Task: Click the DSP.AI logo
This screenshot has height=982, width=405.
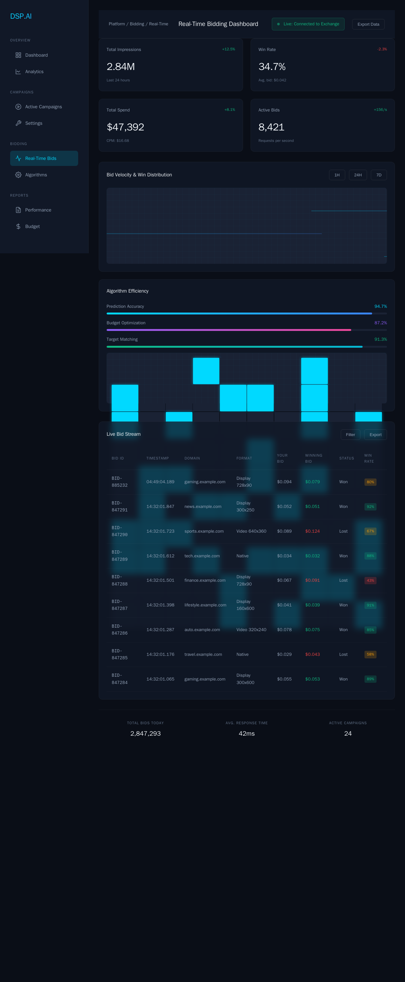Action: (x=21, y=16)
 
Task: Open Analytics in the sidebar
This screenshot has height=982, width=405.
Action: (x=34, y=72)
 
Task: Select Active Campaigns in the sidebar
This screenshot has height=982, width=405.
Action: (x=43, y=107)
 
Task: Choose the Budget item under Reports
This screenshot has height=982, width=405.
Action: (x=32, y=226)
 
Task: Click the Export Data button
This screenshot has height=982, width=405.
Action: (x=368, y=24)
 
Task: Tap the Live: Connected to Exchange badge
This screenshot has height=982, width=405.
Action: (x=308, y=24)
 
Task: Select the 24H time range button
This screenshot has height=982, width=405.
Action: (x=358, y=175)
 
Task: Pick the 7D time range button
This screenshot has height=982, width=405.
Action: (x=379, y=175)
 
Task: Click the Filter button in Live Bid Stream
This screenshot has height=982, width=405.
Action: (x=350, y=434)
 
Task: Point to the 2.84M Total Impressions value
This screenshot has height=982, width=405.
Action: (x=121, y=67)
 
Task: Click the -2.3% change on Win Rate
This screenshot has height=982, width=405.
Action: (x=382, y=49)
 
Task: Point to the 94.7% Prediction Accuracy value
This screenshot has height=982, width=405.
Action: (x=380, y=307)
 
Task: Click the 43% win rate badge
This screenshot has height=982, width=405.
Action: (x=370, y=580)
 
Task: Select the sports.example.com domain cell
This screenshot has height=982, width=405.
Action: (x=204, y=531)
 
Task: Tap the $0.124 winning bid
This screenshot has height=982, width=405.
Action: (x=312, y=531)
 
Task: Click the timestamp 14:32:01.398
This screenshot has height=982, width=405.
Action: (x=160, y=605)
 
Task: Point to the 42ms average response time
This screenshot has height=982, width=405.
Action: (x=246, y=733)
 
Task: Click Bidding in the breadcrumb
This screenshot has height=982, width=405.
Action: (x=137, y=24)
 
